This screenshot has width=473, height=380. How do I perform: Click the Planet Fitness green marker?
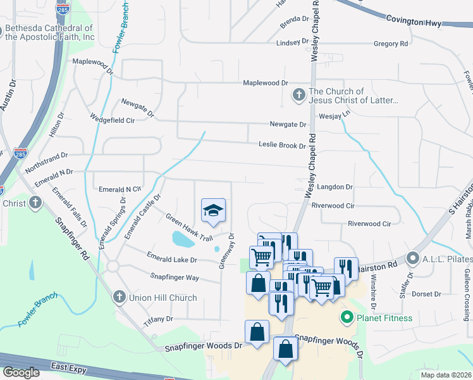click(347, 318)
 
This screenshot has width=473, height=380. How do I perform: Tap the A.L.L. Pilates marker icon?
click(413, 258)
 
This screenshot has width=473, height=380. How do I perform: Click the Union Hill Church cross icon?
click(118, 297)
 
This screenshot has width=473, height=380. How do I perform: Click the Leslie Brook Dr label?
click(282, 145)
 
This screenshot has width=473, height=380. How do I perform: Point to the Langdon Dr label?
click(335, 187)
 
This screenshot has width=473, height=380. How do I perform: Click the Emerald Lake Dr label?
click(172, 259)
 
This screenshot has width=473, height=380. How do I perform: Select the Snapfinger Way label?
click(175, 277)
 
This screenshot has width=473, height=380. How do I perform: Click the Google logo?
click(21, 372)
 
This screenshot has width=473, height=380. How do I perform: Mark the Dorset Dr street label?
click(426, 294)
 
